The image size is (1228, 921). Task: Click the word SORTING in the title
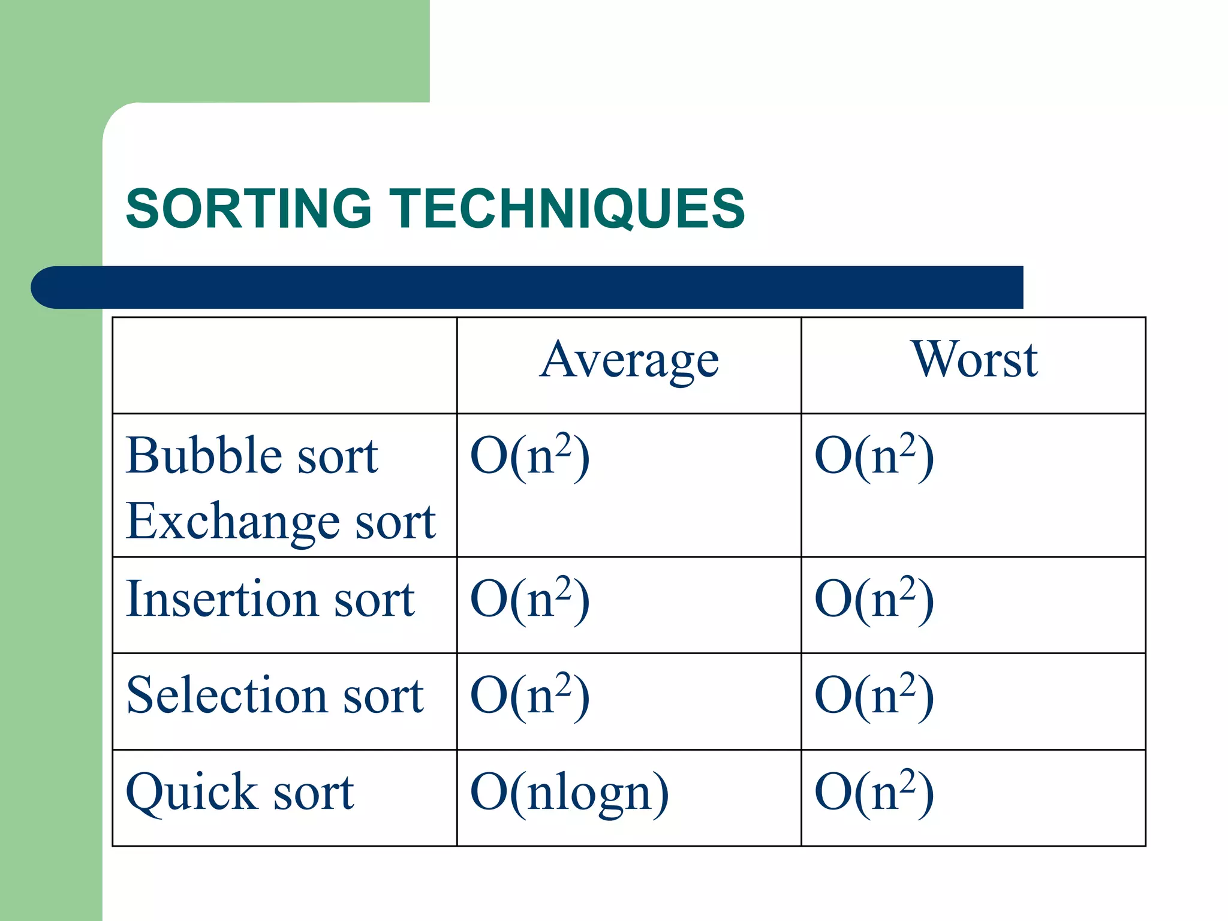coord(249,209)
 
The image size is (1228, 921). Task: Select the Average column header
coord(629,361)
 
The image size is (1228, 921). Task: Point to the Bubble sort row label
coord(252,456)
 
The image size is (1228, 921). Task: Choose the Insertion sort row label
coord(270,599)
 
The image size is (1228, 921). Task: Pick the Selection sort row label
coord(275,696)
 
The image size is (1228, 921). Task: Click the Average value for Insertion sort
coord(530,600)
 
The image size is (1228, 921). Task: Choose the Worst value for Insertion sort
coord(874,600)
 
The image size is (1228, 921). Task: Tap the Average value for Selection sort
coord(530,696)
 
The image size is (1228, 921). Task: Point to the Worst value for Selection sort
coord(874,696)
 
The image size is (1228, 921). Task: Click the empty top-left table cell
coord(285,365)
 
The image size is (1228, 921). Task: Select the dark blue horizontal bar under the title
coord(528,287)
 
